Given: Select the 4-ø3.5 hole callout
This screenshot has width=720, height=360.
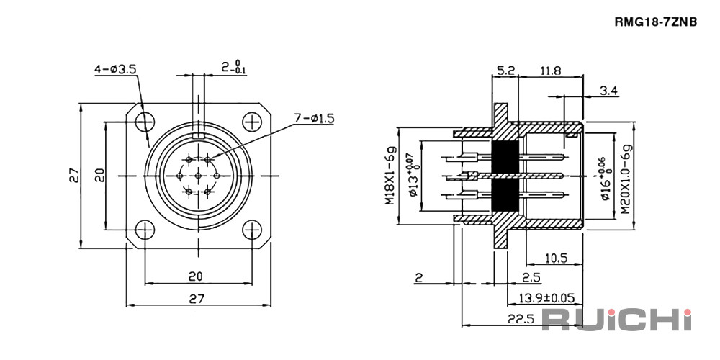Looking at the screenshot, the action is point(115,70).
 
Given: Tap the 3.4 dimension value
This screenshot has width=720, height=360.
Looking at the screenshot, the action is point(609,91).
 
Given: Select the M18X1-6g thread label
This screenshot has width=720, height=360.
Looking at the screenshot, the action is point(390,176).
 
